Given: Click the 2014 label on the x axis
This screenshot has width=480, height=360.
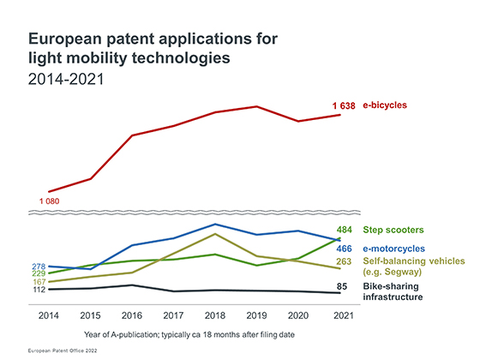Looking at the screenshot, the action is click(x=48, y=315).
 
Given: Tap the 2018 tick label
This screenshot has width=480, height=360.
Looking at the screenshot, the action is click(x=215, y=315).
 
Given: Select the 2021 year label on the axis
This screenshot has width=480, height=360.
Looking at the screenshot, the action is click(x=344, y=315).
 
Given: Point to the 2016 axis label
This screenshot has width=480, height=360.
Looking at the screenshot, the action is click(x=132, y=315).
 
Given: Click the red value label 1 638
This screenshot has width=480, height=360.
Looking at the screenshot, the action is click(x=344, y=106).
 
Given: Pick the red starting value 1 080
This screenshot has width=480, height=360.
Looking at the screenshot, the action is click(x=50, y=201).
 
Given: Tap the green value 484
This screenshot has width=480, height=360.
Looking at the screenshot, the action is click(x=345, y=230).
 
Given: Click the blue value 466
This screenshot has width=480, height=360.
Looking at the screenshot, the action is click(x=345, y=249).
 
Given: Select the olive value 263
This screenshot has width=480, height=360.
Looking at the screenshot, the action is click(x=344, y=261).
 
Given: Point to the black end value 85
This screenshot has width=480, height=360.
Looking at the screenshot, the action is click(x=342, y=286).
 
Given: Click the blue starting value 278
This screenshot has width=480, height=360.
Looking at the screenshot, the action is click(x=39, y=267).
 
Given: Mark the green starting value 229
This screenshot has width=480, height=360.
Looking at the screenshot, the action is click(x=39, y=273).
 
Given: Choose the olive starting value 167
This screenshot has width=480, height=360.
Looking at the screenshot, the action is click(x=39, y=282).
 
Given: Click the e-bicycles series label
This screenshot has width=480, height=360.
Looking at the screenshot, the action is click(x=385, y=105).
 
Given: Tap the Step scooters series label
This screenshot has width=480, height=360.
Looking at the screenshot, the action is click(x=393, y=230).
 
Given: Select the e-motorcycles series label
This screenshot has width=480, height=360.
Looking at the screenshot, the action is click(x=394, y=249).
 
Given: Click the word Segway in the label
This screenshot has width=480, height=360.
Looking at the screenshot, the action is click(x=402, y=272).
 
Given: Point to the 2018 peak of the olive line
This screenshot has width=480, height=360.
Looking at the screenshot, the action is click(x=215, y=234).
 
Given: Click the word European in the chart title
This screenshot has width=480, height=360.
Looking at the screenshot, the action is click(x=65, y=39).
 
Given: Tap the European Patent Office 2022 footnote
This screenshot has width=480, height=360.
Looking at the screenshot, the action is click(x=63, y=351).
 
